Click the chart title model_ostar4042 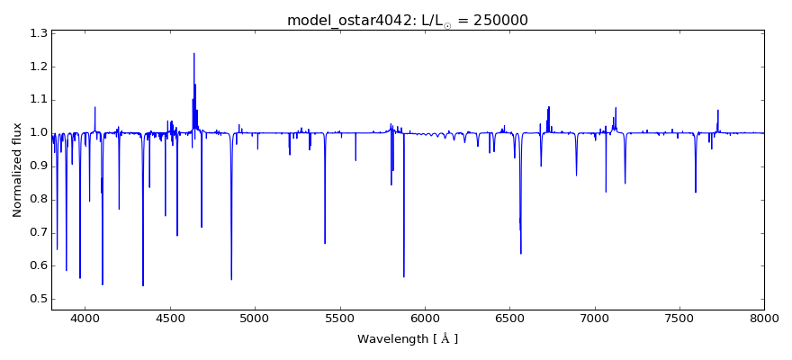pyautogui.click(x=346, y=20)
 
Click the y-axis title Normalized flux pyautogui.click(x=17, y=171)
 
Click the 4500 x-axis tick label pyautogui.click(x=170, y=318)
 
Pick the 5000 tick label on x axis pyautogui.click(x=255, y=318)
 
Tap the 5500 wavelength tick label pyautogui.click(x=339, y=318)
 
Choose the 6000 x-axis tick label pyautogui.click(x=425, y=318)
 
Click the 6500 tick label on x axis pyautogui.click(x=509, y=318)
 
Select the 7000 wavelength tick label pyautogui.click(x=594, y=318)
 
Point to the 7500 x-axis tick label pyautogui.click(x=679, y=318)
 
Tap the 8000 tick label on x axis pyautogui.click(x=764, y=318)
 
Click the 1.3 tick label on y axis pyautogui.click(x=37, y=33)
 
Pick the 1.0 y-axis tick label pyautogui.click(x=37, y=133)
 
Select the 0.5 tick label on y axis pyautogui.click(x=37, y=299)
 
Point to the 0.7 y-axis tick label pyautogui.click(x=37, y=232)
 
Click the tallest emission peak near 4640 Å pyautogui.click(x=193, y=53)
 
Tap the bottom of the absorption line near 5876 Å pyautogui.click(x=403, y=276)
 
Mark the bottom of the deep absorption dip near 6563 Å pyautogui.click(x=520, y=253)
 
